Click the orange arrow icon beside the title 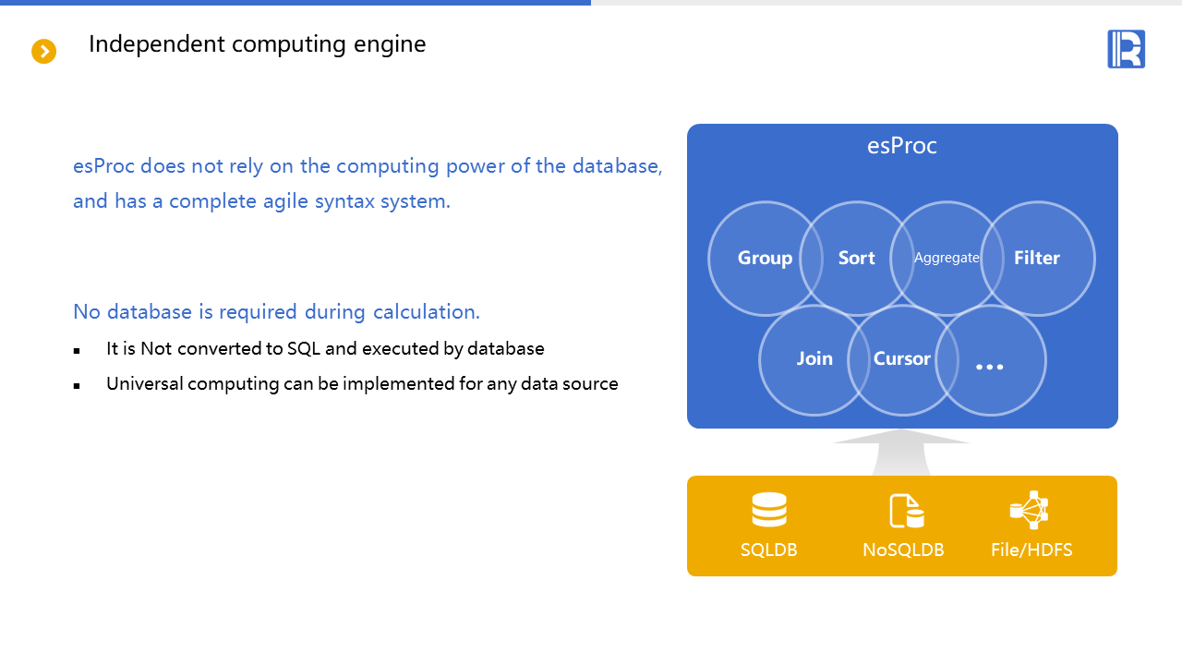pyautogui.click(x=44, y=52)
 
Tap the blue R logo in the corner pyautogui.click(x=1126, y=49)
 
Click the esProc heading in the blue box pyautogui.click(x=902, y=146)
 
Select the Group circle pyautogui.click(x=765, y=259)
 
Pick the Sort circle pyautogui.click(x=856, y=259)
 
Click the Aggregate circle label pyautogui.click(x=947, y=259)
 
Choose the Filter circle pyautogui.click(x=1037, y=259)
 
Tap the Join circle pyautogui.click(x=814, y=358)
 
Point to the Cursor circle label pyautogui.click(x=902, y=358)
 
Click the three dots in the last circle pyautogui.click(x=990, y=367)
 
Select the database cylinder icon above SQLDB pyautogui.click(x=769, y=510)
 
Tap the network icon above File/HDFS pyautogui.click(x=1030, y=510)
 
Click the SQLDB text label pyautogui.click(x=769, y=550)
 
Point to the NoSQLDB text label pyautogui.click(x=903, y=550)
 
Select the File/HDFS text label pyautogui.click(x=1031, y=550)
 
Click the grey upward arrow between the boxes pyautogui.click(x=901, y=453)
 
